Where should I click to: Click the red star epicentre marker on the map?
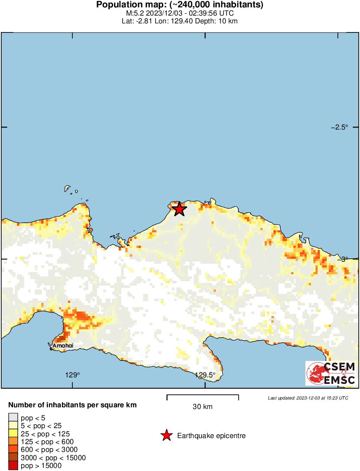pyautogui.click(x=179, y=209)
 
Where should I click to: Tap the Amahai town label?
pyautogui.click(x=63, y=345)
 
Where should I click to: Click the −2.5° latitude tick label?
pyautogui.click(x=340, y=127)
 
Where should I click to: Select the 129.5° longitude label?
pyautogui.click(x=205, y=375)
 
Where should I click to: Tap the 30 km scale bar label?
pyautogui.click(x=202, y=406)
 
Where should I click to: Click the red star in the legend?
pyautogui.click(x=166, y=436)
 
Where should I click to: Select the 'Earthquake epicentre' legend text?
pyautogui.click(x=211, y=436)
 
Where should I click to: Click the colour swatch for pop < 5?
pyautogui.click(x=13, y=418)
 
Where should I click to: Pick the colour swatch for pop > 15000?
pyautogui.click(x=13, y=466)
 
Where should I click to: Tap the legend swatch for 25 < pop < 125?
pyautogui.click(x=13, y=434)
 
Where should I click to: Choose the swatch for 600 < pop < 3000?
pyautogui.click(x=13, y=450)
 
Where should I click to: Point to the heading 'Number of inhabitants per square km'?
pyautogui.click(x=73, y=406)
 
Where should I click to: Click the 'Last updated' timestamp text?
pyautogui.click(x=308, y=398)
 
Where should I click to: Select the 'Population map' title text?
pyautogui.click(x=180, y=5)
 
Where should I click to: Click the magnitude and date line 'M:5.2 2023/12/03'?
pyautogui.click(x=180, y=13)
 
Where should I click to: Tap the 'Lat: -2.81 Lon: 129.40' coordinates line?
pyautogui.click(x=180, y=21)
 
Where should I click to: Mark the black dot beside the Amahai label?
pyautogui.click(x=51, y=348)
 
